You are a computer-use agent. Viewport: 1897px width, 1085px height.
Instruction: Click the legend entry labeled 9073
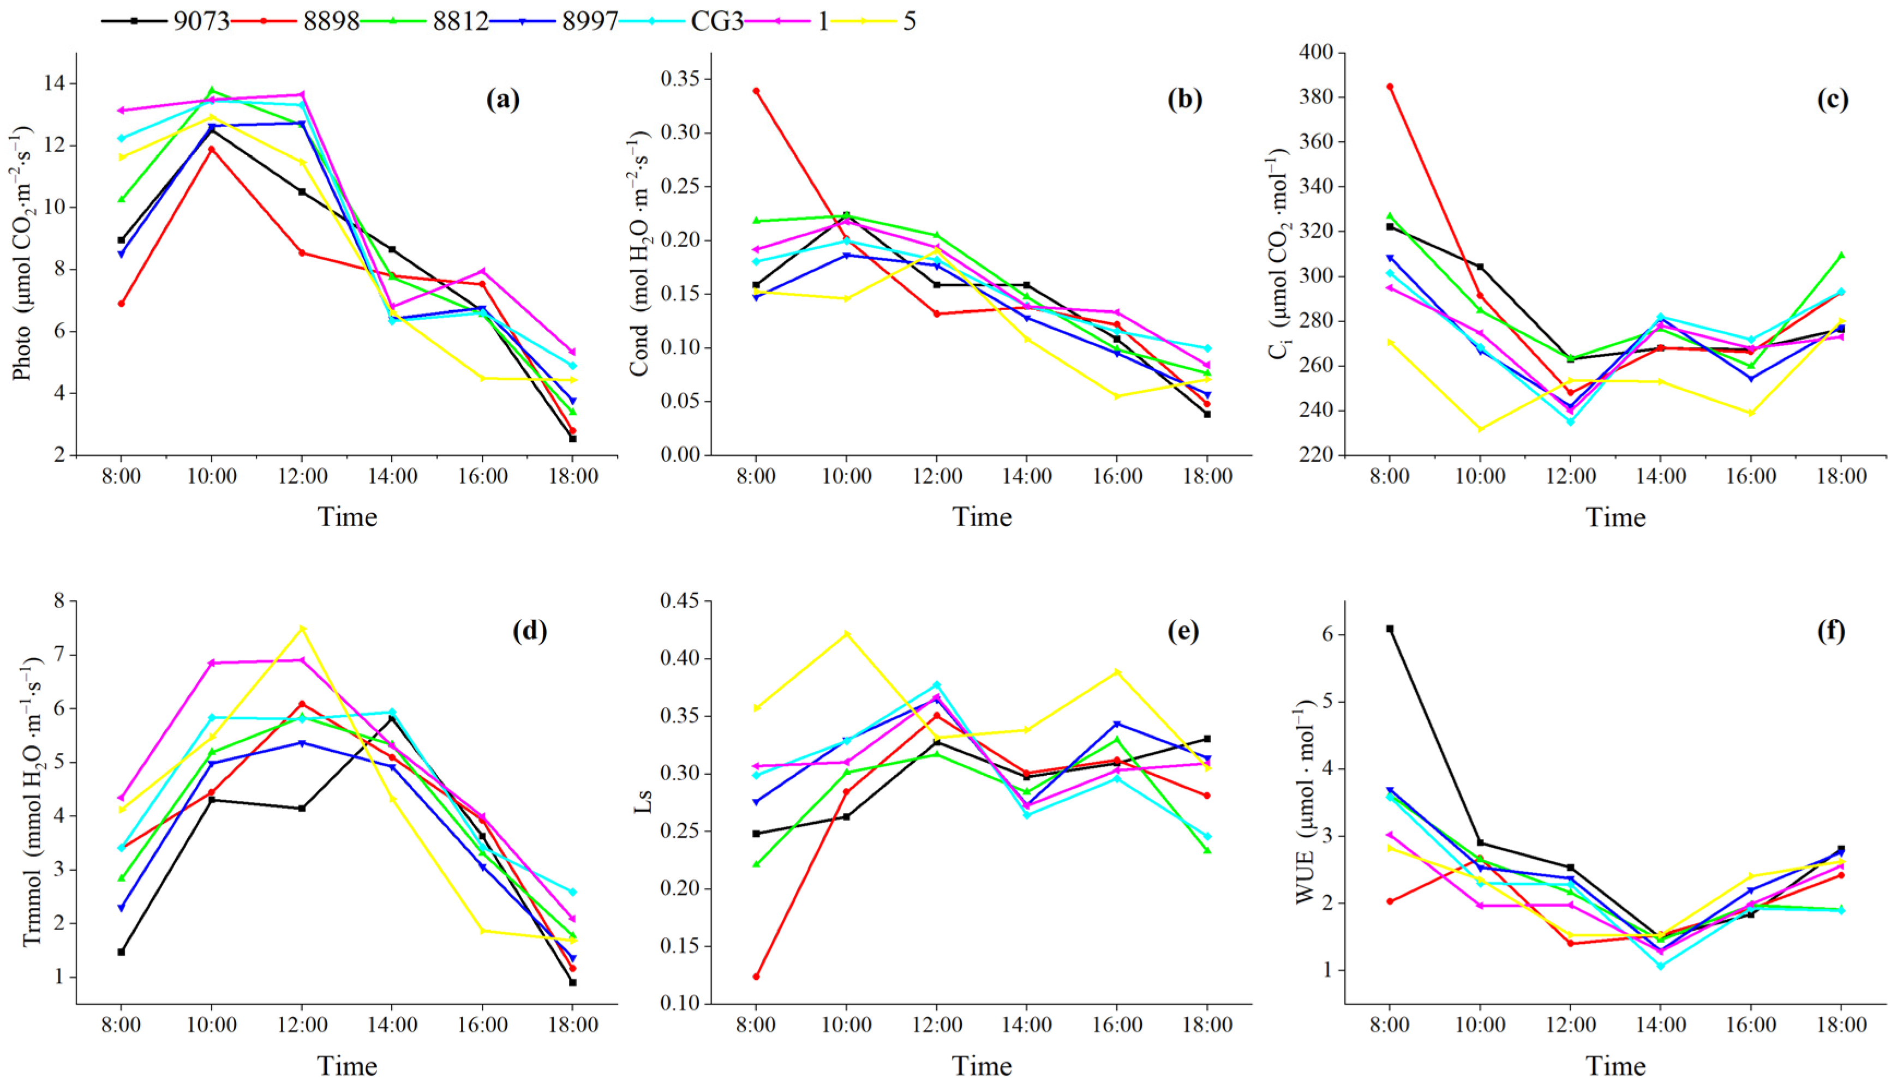tap(201, 21)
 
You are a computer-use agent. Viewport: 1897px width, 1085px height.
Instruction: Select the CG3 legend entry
tap(716, 21)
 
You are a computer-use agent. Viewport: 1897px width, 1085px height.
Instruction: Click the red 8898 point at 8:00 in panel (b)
tap(756, 91)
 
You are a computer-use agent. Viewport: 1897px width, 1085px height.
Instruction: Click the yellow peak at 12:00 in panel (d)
tap(302, 628)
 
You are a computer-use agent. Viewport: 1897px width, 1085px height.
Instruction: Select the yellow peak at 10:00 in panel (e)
tap(846, 634)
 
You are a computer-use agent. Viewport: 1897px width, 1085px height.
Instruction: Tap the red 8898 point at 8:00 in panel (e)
tap(756, 976)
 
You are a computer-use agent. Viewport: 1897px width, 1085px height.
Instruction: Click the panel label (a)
tap(502, 99)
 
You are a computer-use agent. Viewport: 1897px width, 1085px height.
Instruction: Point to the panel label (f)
tap(1832, 631)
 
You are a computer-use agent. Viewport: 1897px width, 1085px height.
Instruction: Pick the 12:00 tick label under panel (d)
tap(302, 1024)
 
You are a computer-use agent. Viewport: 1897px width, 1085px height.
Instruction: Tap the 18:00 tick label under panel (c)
tap(1841, 476)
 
